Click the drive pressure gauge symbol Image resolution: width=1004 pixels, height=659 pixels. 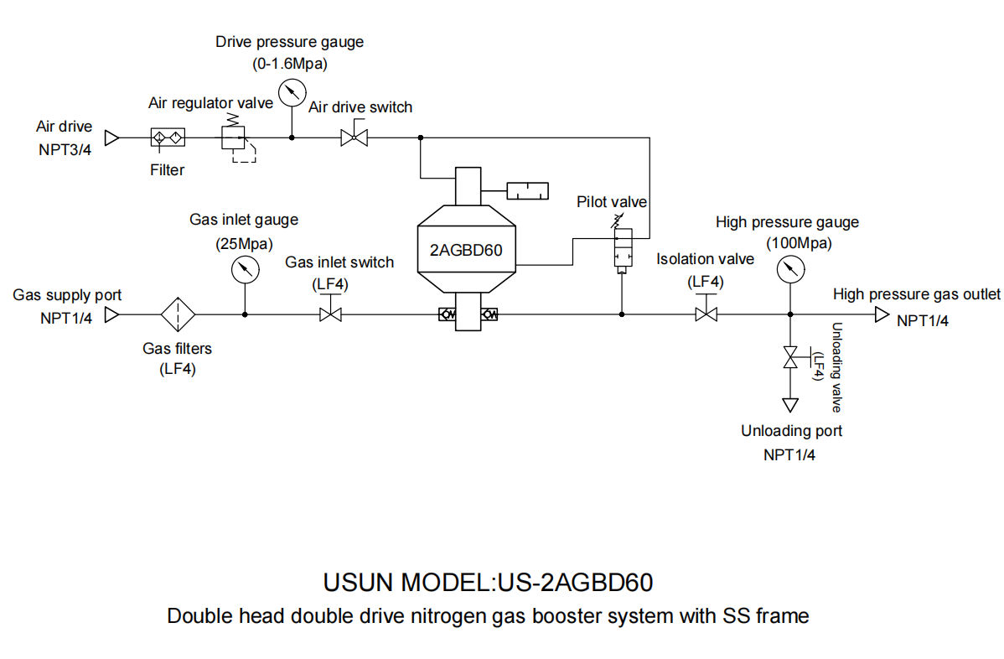291,92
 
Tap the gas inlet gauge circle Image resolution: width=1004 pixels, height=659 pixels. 244,269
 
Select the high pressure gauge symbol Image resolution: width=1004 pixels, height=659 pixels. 789,270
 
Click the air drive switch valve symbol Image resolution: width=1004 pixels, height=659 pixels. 354,137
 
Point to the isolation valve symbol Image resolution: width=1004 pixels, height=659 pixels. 706,314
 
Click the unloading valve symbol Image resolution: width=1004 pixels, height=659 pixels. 789,357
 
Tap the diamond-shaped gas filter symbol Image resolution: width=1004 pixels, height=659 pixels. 178,315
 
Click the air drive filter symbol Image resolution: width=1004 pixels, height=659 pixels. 168,137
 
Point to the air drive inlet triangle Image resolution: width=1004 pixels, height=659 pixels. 111,137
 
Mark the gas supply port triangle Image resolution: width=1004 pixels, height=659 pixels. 111,315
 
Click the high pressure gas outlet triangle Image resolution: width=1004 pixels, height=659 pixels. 881,315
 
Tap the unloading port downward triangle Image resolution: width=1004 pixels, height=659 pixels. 789,405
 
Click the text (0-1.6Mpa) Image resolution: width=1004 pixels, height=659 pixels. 290,63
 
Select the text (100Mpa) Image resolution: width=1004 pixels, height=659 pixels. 789,242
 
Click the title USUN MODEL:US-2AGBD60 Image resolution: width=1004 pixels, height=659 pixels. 488,582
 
